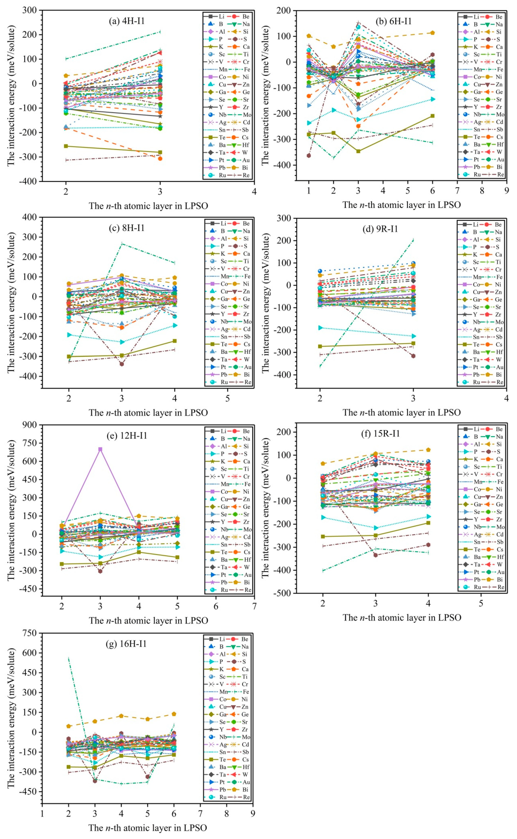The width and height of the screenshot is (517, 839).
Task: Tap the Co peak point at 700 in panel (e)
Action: click(x=100, y=449)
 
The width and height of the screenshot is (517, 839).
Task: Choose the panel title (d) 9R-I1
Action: click(x=380, y=229)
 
